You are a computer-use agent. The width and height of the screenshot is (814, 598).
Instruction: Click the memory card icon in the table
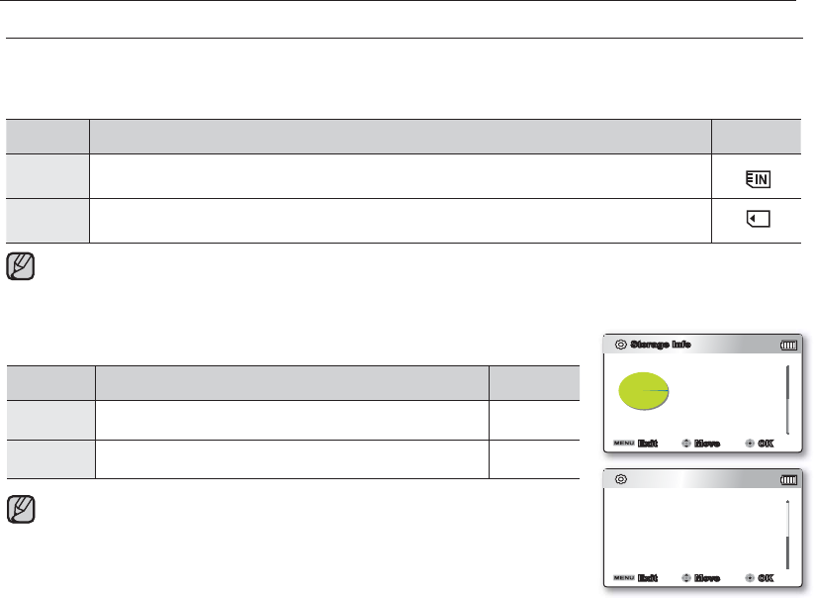coord(757,220)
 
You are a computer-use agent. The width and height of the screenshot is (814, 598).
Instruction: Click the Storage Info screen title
coord(661,346)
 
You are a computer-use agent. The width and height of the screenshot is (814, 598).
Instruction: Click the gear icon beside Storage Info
coord(620,346)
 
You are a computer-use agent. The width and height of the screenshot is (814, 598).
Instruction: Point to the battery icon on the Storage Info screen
coord(787,346)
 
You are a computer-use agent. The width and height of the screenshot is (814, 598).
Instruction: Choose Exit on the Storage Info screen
coord(648,444)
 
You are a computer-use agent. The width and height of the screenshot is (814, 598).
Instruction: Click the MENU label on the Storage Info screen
coord(623,444)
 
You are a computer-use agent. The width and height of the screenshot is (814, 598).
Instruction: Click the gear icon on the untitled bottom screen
coord(620,480)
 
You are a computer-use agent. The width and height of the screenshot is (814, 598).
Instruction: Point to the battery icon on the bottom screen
coord(787,480)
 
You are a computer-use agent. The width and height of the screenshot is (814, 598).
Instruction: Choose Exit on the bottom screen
coord(648,578)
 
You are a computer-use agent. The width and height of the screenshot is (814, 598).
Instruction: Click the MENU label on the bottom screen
coord(623,578)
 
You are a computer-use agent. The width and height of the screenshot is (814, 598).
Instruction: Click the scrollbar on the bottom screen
coord(788,534)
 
